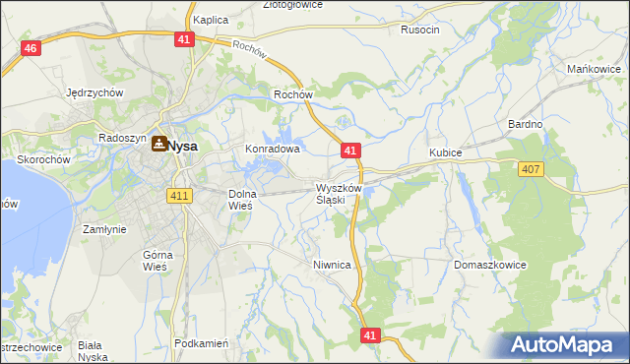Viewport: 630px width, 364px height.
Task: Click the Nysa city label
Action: [x=182, y=146]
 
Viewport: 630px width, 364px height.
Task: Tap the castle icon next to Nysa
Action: [x=158, y=144]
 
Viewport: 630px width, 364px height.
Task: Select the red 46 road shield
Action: [x=31, y=48]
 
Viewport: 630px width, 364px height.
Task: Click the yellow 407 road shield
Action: [x=531, y=169]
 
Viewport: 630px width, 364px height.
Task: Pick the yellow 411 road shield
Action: [x=178, y=196]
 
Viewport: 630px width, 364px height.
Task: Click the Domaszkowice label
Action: [x=490, y=266]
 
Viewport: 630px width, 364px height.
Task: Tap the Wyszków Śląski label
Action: [x=340, y=194]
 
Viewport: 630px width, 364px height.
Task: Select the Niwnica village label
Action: [x=332, y=265]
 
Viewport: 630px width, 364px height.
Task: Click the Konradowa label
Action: [x=272, y=150]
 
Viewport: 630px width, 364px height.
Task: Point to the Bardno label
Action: [x=526, y=125]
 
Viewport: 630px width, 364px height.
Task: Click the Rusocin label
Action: [x=419, y=30]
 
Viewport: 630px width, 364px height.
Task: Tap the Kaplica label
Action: [x=211, y=20]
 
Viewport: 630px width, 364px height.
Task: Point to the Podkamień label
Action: [x=201, y=343]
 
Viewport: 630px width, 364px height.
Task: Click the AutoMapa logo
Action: [x=564, y=345]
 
